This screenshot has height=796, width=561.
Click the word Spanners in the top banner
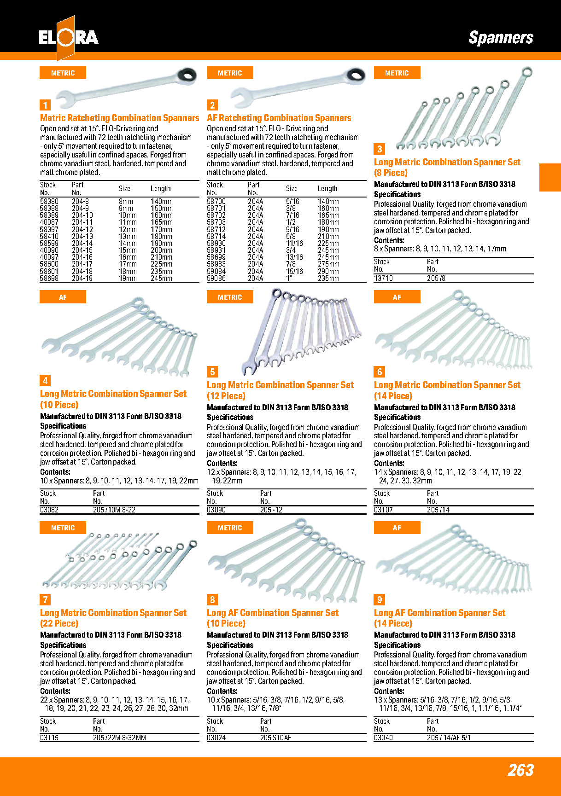(501, 38)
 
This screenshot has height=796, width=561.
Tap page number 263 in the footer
(520, 770)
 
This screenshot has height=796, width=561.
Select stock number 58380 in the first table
(49, 201)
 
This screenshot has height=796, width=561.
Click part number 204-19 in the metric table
(82, 278)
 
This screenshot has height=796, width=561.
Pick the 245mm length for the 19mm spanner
(161, 278)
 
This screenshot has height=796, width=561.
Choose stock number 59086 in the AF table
(216, 278)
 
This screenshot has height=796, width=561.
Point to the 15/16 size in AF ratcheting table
(294, 271)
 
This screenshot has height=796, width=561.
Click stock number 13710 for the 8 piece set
(383, 278)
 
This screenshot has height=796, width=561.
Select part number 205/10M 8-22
(114, 510)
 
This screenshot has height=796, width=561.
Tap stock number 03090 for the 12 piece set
(216, 510)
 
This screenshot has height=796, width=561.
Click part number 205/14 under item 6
(438, 510)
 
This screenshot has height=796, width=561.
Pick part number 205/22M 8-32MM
(119, 738)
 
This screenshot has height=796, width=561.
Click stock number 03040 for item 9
(383, 738)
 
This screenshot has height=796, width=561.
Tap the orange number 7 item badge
(45, 599)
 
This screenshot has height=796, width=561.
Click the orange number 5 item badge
(212, 372)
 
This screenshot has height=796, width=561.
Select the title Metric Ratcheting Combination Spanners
(119, 118)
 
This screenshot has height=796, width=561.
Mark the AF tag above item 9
(397, 528)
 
